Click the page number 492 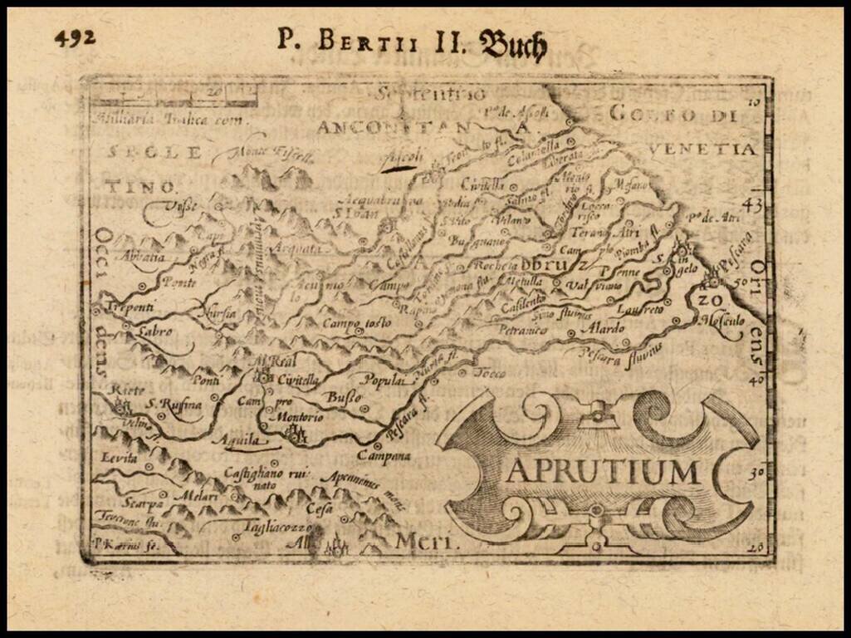point(75,37)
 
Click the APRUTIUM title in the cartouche point(603,471)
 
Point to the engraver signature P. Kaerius point(114,547)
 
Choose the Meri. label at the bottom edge point(427,542)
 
